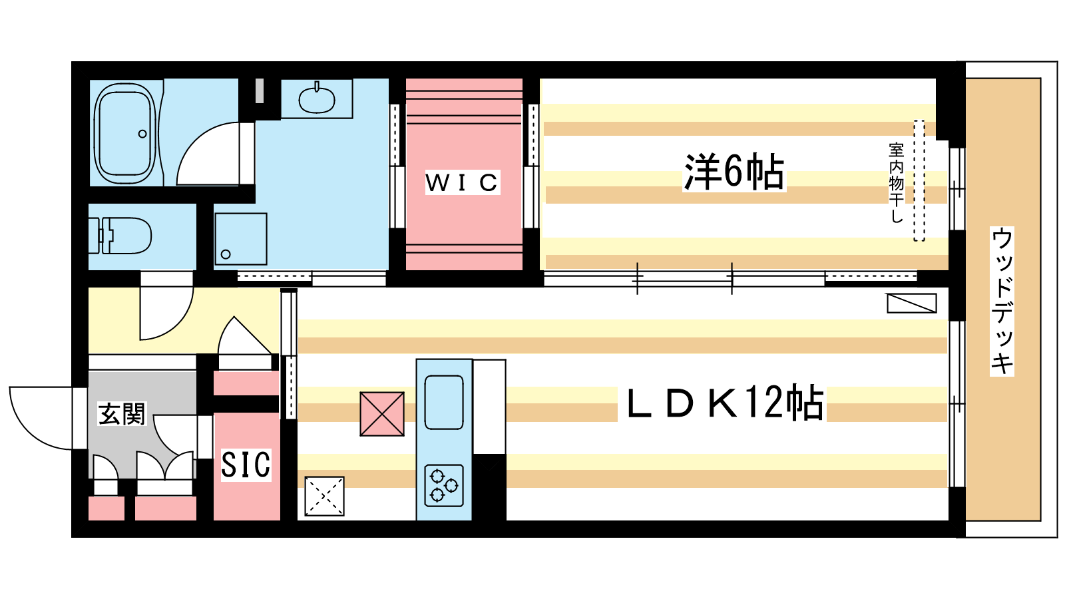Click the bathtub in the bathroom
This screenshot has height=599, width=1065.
point(125,134)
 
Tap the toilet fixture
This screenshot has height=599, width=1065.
point(120,236)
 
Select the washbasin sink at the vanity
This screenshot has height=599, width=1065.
point(317,99)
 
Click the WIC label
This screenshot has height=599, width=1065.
point(462,182)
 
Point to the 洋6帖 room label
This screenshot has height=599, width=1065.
point(734,172)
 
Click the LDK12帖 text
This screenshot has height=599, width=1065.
point(726,403)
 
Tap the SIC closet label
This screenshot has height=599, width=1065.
point(246,465)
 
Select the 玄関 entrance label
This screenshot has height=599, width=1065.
point(122,413)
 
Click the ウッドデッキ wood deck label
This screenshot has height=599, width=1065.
point(1002,301)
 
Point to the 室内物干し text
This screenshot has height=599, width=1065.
point(896,182)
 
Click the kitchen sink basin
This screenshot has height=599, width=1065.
point(443,402)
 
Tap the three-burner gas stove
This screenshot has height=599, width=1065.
point(444,485)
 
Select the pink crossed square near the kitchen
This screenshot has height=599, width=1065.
point(382,414)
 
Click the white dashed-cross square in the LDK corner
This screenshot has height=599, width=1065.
point(324,497)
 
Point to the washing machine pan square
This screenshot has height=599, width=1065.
point(240,239)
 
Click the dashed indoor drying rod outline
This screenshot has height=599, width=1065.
point(919,180)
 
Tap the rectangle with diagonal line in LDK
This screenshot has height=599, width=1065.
point(912,303)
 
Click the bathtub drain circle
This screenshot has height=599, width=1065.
point(142,134)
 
